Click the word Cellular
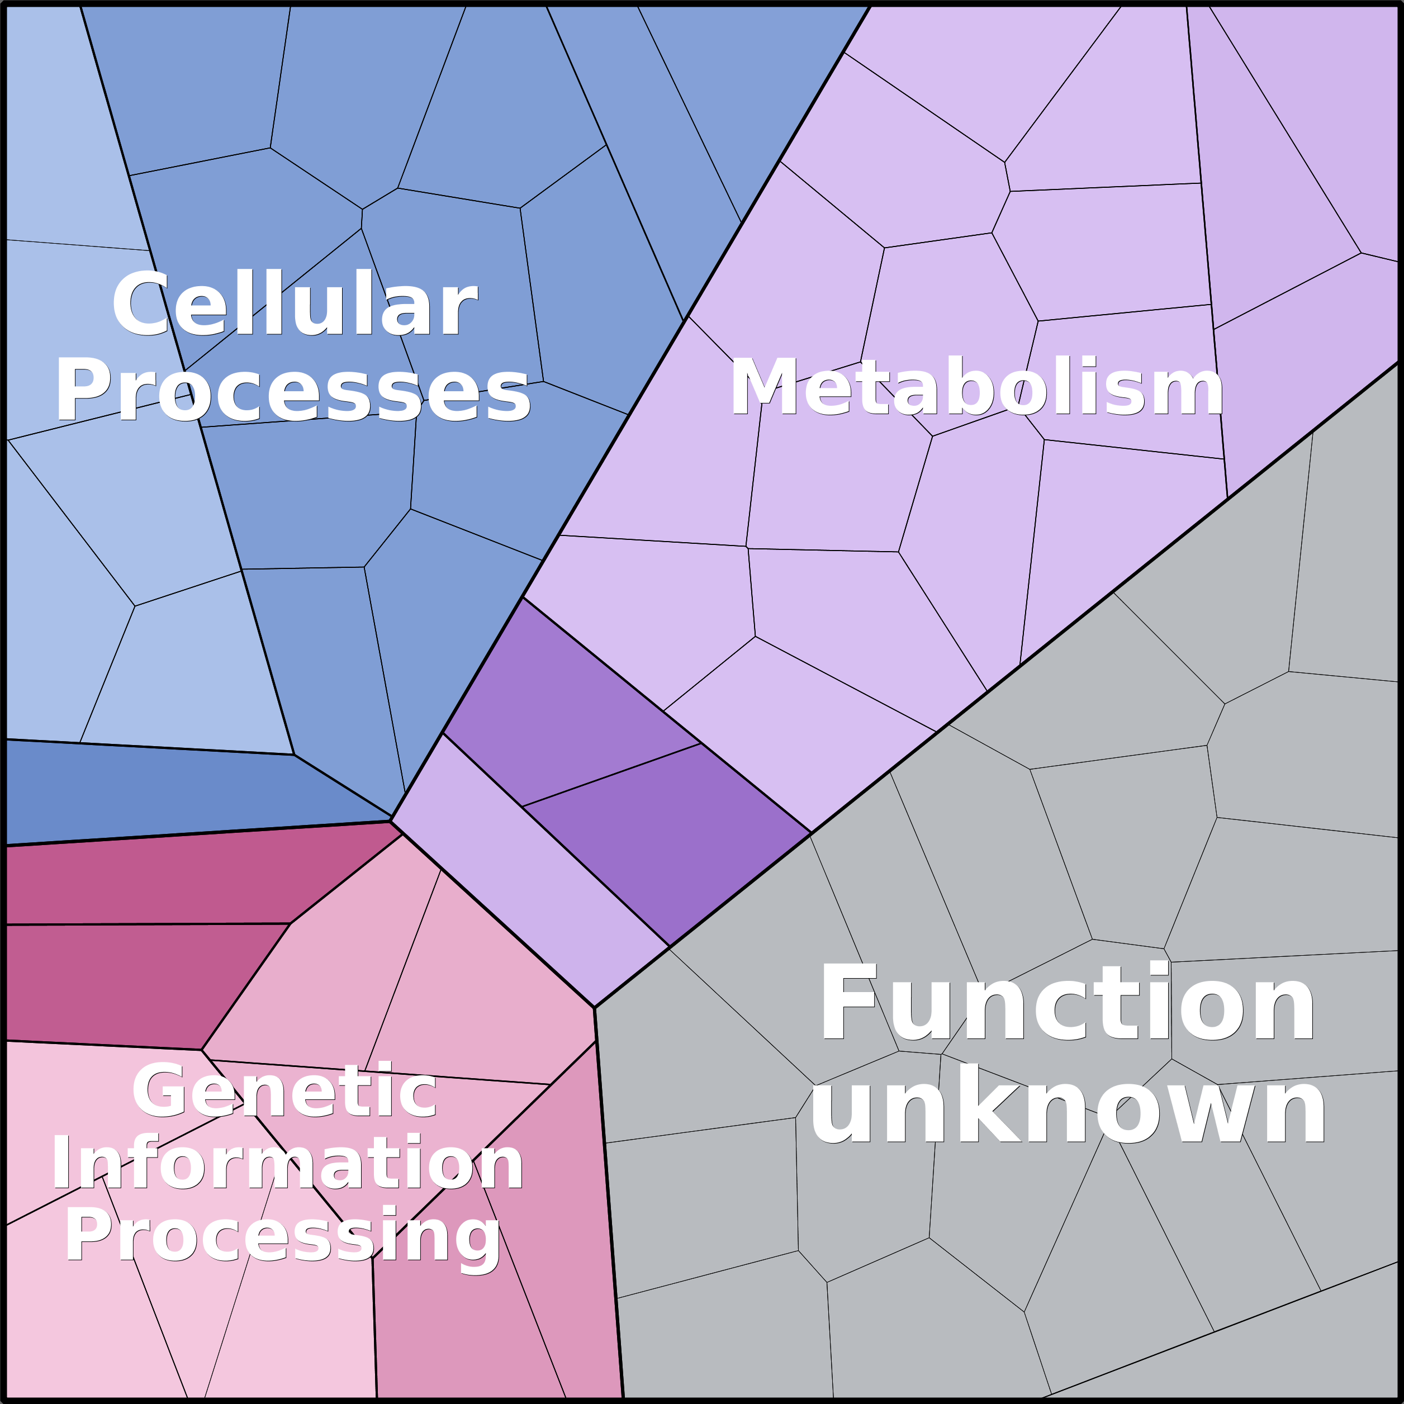point(295,303)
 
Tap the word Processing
point(283,1237)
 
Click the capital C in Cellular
point(140,303)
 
